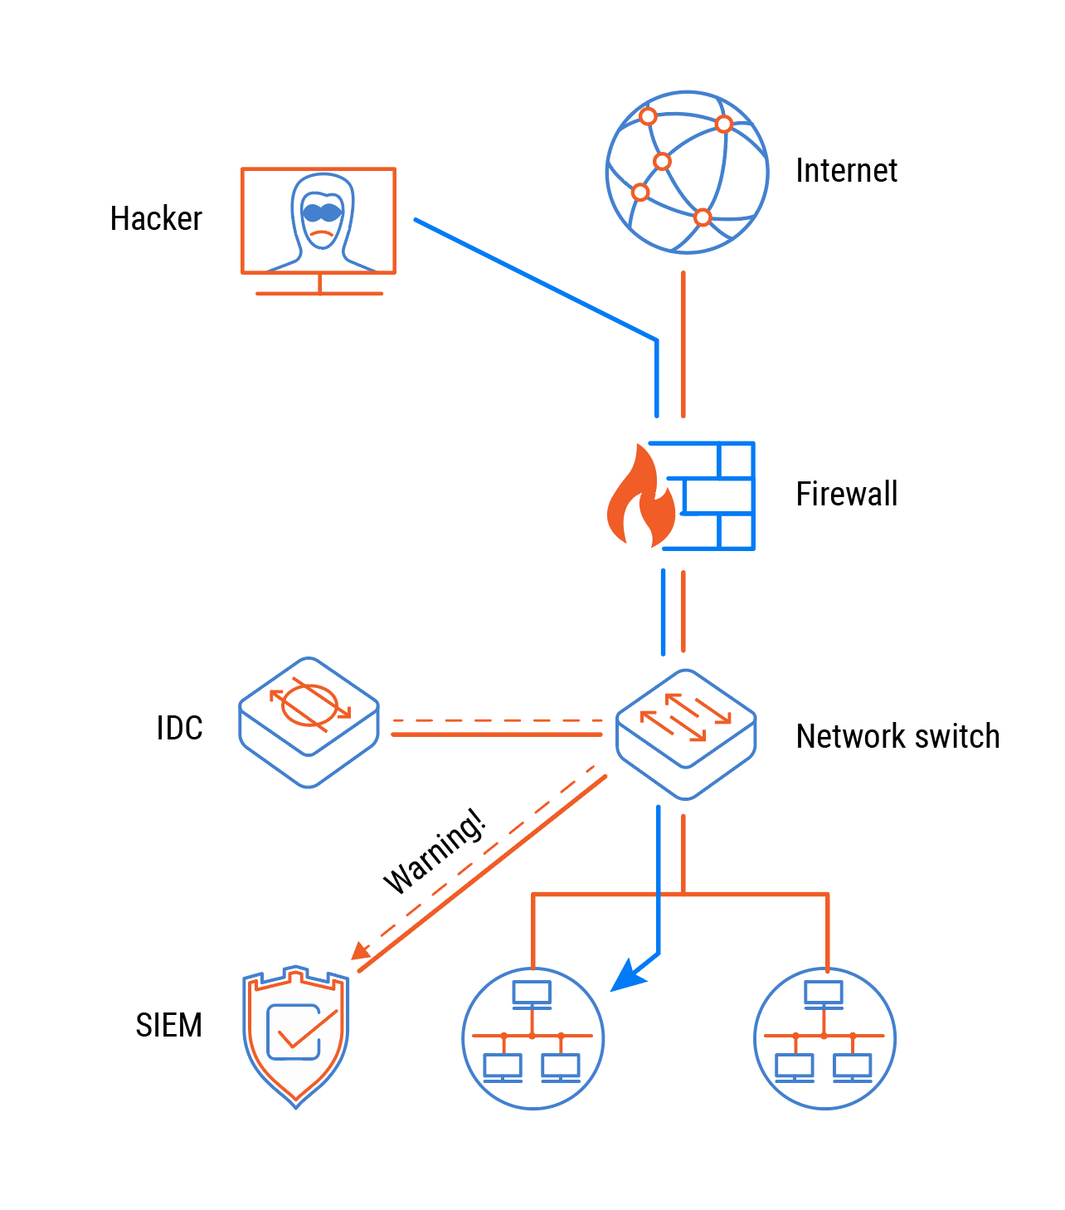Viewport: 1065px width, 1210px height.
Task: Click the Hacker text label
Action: coord(156,219)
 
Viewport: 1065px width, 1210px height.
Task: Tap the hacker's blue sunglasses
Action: coord(322,212)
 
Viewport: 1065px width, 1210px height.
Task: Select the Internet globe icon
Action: coord(687,173)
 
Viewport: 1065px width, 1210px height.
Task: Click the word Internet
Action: coord(846,171)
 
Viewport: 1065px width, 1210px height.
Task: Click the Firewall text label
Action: coord(846,495)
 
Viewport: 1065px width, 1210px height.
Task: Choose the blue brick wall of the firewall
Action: coord(717,495)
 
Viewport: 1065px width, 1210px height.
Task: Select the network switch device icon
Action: coord(686,734)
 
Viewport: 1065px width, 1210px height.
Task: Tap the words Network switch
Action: coord(897,737)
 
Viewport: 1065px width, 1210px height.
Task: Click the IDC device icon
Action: coord(309,722)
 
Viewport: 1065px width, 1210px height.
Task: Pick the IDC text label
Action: coord(179,729)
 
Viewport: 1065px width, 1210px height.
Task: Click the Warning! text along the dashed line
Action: coord(434,851)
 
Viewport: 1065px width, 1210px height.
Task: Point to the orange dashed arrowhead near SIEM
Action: coord(361,951)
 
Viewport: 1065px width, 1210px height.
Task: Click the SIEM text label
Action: coord(168,1026)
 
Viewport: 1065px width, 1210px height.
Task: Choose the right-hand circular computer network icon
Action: coord(824,1038)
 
